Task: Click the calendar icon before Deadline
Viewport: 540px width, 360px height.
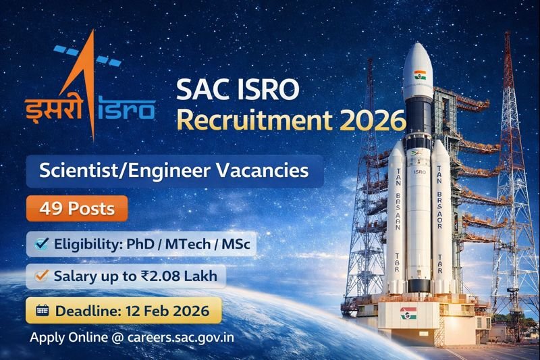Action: (x=42, y=311)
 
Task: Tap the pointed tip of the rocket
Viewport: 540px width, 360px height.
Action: (x=416, y=45)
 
